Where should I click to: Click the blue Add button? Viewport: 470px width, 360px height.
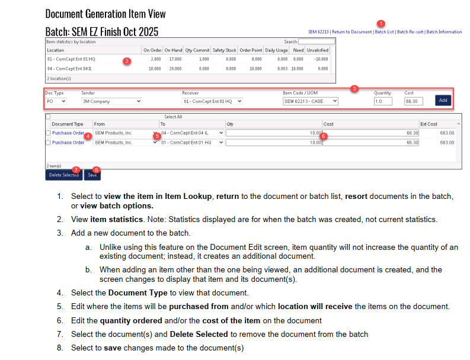(x=443, y=101)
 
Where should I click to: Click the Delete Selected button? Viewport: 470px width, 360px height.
(x=63, y=175)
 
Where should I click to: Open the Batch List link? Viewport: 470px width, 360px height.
(x=384, y=32)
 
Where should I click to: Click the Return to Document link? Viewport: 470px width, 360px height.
(x=352, y=32)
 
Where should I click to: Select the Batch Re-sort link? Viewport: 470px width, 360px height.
(x=410, y=32)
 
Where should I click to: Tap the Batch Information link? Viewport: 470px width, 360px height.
(x=444, y=32)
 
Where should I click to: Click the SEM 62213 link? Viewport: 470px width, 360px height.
(x=318, y=32)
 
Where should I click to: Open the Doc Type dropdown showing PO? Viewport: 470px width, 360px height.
(x=56, y=101)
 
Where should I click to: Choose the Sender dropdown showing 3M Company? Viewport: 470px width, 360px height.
(x=111, y=101)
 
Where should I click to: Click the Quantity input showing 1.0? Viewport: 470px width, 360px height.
(x=383, y=101)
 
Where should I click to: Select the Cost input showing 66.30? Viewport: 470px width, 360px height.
(x=414, y=101)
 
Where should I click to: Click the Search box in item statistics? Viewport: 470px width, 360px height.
(x=316, y=42)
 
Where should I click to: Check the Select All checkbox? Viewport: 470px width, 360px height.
(x=48, y=117)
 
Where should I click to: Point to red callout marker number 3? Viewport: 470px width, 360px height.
(x=354, y=89)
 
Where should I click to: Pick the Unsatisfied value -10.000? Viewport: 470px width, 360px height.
(x=320, y=59)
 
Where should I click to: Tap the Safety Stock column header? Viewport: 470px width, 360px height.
(x=225, y=50)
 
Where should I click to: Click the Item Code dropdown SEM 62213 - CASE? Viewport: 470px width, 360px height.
(x=311, y=101)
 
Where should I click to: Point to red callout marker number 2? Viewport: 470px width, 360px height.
(x=126, y=61)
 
